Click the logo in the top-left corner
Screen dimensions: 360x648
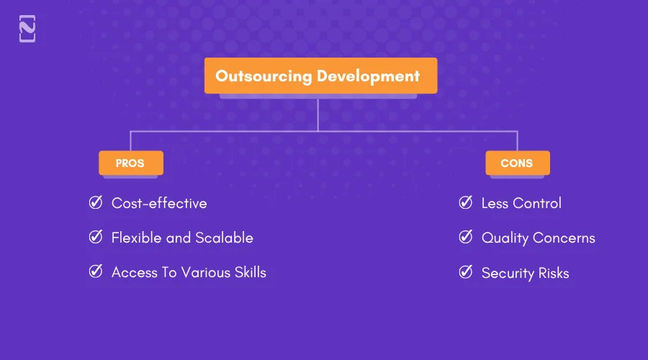(27, 29)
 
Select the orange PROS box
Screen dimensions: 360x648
(130, 163)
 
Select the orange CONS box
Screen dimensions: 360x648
(517, 163)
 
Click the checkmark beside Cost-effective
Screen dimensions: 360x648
(95, 203)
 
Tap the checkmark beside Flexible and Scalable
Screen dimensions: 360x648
(95, 238)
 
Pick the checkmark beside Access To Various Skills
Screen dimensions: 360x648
(95, 272)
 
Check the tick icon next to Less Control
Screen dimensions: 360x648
(466, 203)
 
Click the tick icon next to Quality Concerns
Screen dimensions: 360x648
(466, 238)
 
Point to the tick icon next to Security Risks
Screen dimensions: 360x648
(466, 273)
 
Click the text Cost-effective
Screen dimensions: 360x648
(159, 204)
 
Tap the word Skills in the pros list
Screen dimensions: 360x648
(246, 272)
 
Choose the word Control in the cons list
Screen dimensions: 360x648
(536, 204)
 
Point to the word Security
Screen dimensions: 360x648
(508, 274)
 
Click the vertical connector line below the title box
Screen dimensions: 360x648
(318, 114)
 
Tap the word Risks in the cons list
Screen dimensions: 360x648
(553, 274)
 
